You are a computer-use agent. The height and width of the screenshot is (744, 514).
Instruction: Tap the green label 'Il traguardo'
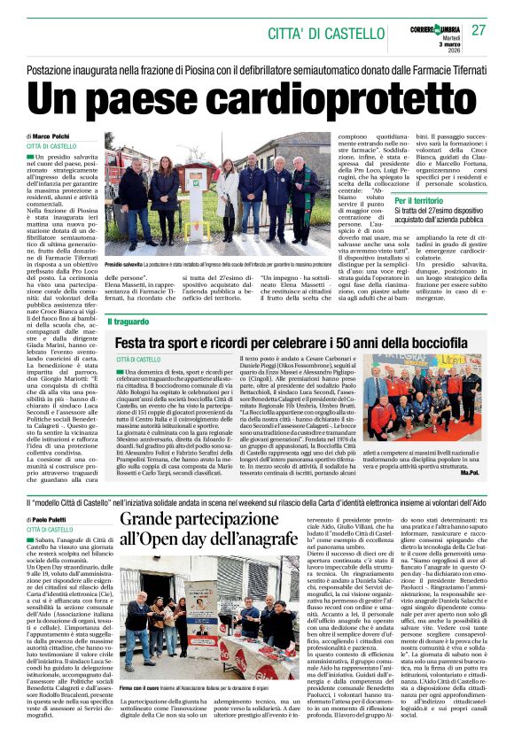click(x=129, y=321)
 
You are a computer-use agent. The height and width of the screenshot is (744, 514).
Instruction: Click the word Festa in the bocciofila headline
click(x=134, y=341)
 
